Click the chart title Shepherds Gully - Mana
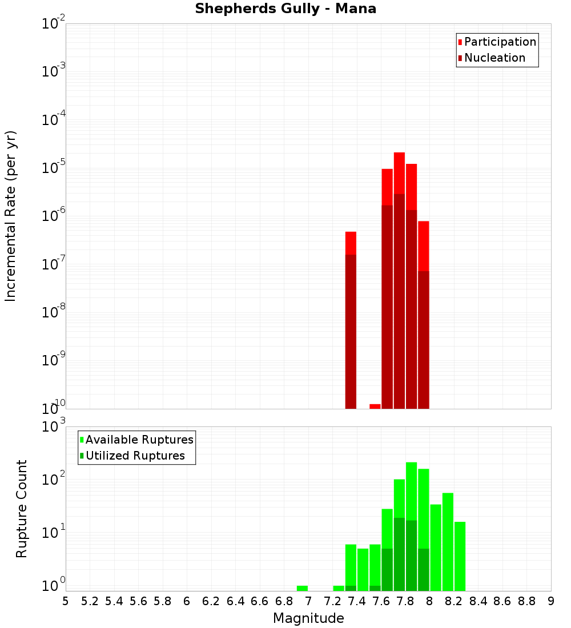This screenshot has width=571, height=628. tap(285, 9)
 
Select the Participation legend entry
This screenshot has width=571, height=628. tap(500, 42)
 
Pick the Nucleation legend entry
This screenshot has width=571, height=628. tap(494, 58)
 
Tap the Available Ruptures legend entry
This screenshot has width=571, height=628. tap(139, 440)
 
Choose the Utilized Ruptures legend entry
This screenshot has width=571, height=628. tap(135, 456)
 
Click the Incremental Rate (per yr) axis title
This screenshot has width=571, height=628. tap(11, 216)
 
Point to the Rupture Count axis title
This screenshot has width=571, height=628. tap(22, 509)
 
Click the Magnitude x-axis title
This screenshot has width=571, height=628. tap(308, 618)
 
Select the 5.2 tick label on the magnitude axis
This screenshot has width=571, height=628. tap(90, 601)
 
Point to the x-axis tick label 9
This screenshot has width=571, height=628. tap(551, 601)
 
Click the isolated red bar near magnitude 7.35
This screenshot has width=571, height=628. tap(351, 243)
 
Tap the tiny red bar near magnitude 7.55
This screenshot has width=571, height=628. tap(375, 406)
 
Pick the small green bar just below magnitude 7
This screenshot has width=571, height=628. tap(302, 588)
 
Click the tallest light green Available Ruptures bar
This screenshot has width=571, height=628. tap(411, 491)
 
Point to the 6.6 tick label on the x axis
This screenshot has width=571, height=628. tap(260, 601)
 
